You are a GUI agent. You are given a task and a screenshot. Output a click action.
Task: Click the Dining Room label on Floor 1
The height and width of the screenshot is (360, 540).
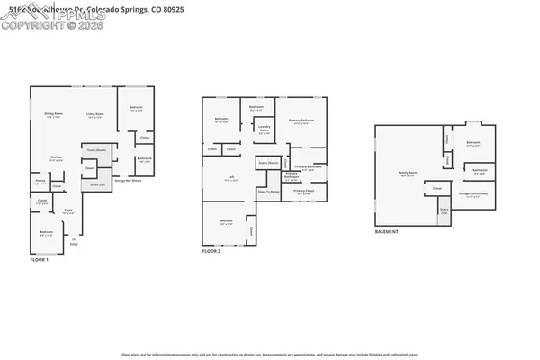53,114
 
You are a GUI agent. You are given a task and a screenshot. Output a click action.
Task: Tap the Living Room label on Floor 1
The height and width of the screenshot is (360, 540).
91,114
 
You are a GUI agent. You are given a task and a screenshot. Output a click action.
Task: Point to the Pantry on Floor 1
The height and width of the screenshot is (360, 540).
40,182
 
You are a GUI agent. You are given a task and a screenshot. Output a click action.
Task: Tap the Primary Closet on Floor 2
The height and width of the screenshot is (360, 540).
304,191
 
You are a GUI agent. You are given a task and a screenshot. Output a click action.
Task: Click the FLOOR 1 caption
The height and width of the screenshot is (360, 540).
40,258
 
